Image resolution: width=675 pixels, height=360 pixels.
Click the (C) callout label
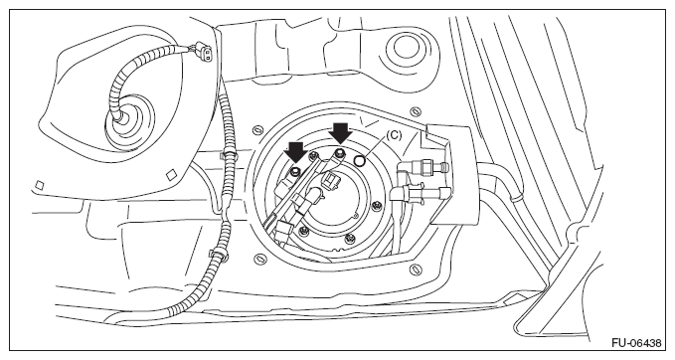393,135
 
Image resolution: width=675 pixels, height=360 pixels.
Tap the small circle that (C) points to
360,161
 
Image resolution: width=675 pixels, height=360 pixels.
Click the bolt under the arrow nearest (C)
341,152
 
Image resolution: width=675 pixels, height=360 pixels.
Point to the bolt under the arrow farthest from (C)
295,172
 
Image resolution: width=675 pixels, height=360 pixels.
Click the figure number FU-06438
636,343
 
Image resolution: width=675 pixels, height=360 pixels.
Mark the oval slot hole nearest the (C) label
415,111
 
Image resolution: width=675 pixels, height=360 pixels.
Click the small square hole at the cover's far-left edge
39,185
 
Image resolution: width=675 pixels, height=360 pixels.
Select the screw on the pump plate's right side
378,205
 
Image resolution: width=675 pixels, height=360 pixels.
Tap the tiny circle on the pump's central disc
357,214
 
